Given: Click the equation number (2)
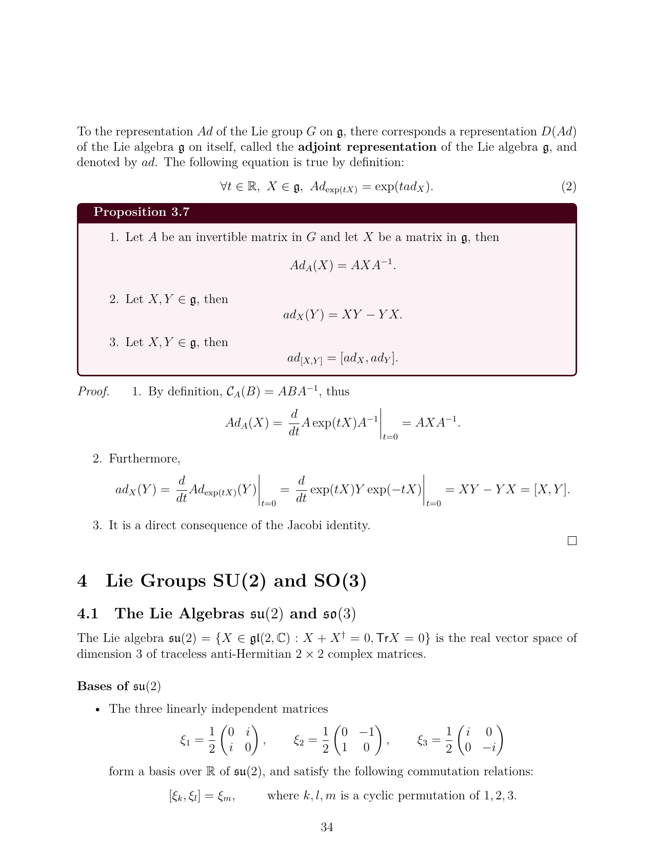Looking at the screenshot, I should pyautogui.click(x=568, y=187).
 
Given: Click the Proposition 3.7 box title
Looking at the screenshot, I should pyautogui.click(x=142, y=212).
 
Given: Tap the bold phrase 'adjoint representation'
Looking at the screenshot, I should pyautogui.click(x=367, y=147).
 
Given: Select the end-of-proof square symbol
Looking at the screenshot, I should pyautogui.click(x=572, y=541).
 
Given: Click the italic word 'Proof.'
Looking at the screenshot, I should pyautogui.click(x=93, y=392).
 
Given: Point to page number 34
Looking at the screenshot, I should pyautogui.click(x=327, y=827).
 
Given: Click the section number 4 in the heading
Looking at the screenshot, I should pyautogui.click(x=82, y=581).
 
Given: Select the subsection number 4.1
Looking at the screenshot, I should pyautogui.click(x=88, y=614).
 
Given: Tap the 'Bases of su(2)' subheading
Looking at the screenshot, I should pyautogui.click(x=119, y=686).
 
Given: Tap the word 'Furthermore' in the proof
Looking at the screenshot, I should pyautogui.click(x=144, y=459).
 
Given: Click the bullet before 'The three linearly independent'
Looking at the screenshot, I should pyautogui.click(x=97, y=710).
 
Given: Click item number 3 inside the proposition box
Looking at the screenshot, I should pyautogui.click(x=113, y=343).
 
